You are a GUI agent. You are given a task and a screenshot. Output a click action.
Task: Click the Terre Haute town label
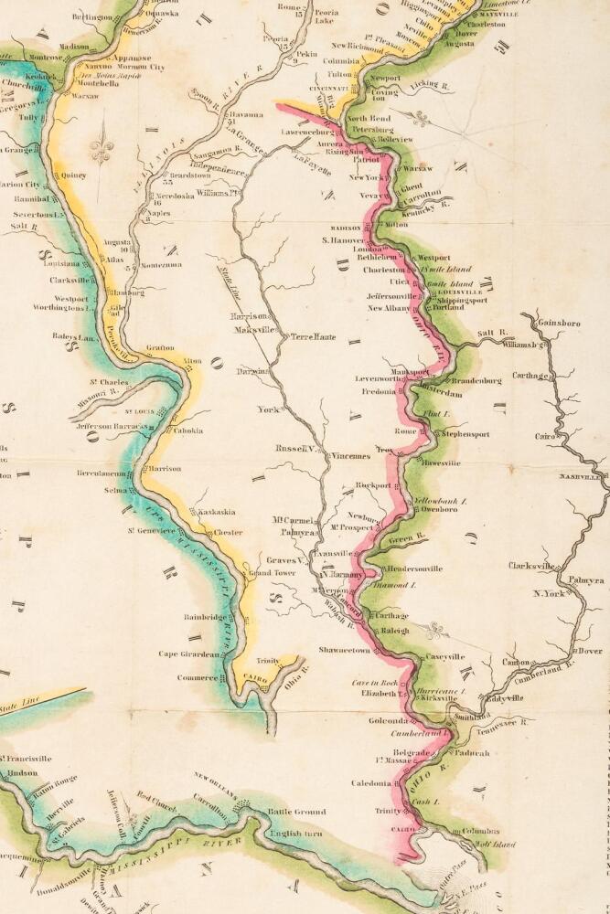pyautogui.click(x=313, y=336)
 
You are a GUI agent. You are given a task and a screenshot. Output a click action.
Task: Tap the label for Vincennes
pyautogui.click(x=350, y=454)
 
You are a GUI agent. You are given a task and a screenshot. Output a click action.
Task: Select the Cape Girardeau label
pyautogui.click(x=189, y=654)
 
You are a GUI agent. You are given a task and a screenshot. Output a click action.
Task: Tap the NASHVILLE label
pyautogui.click(x=583, y=477)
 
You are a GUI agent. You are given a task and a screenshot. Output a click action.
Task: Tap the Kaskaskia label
pyautogui.click(x=218, y=513)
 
